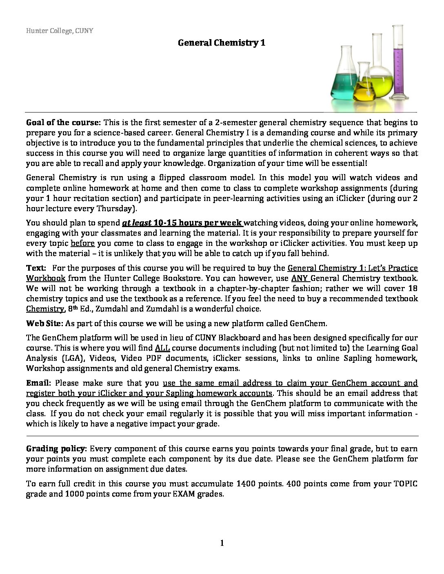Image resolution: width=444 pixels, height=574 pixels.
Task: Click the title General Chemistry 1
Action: coord(222,43)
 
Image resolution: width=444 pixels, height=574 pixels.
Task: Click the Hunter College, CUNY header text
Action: coord(60,31)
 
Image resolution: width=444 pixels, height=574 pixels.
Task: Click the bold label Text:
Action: coord(36,268)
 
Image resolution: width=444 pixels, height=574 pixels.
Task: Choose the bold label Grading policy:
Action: coord(56,449)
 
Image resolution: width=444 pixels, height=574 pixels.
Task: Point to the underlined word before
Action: coord(83,243)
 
